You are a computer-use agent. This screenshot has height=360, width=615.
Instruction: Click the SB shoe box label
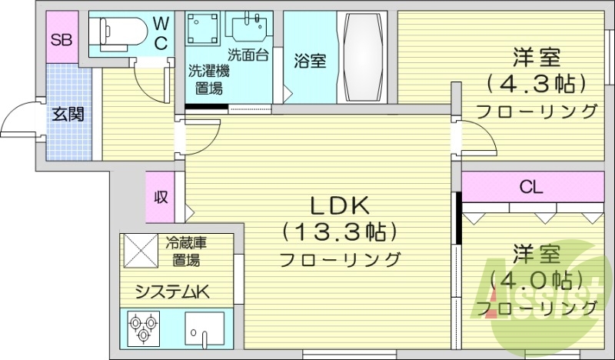[x=61, y=40]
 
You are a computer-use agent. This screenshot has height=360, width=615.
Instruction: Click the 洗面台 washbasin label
[x=248, y=55]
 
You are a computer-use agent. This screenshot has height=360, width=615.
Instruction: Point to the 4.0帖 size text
[x=536, y=279]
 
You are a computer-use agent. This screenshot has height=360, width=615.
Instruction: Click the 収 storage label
[x=161, y=196]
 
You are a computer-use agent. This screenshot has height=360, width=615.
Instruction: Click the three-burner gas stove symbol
[x=142, y=329]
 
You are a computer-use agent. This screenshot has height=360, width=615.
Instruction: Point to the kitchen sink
[x=204, y=328]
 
